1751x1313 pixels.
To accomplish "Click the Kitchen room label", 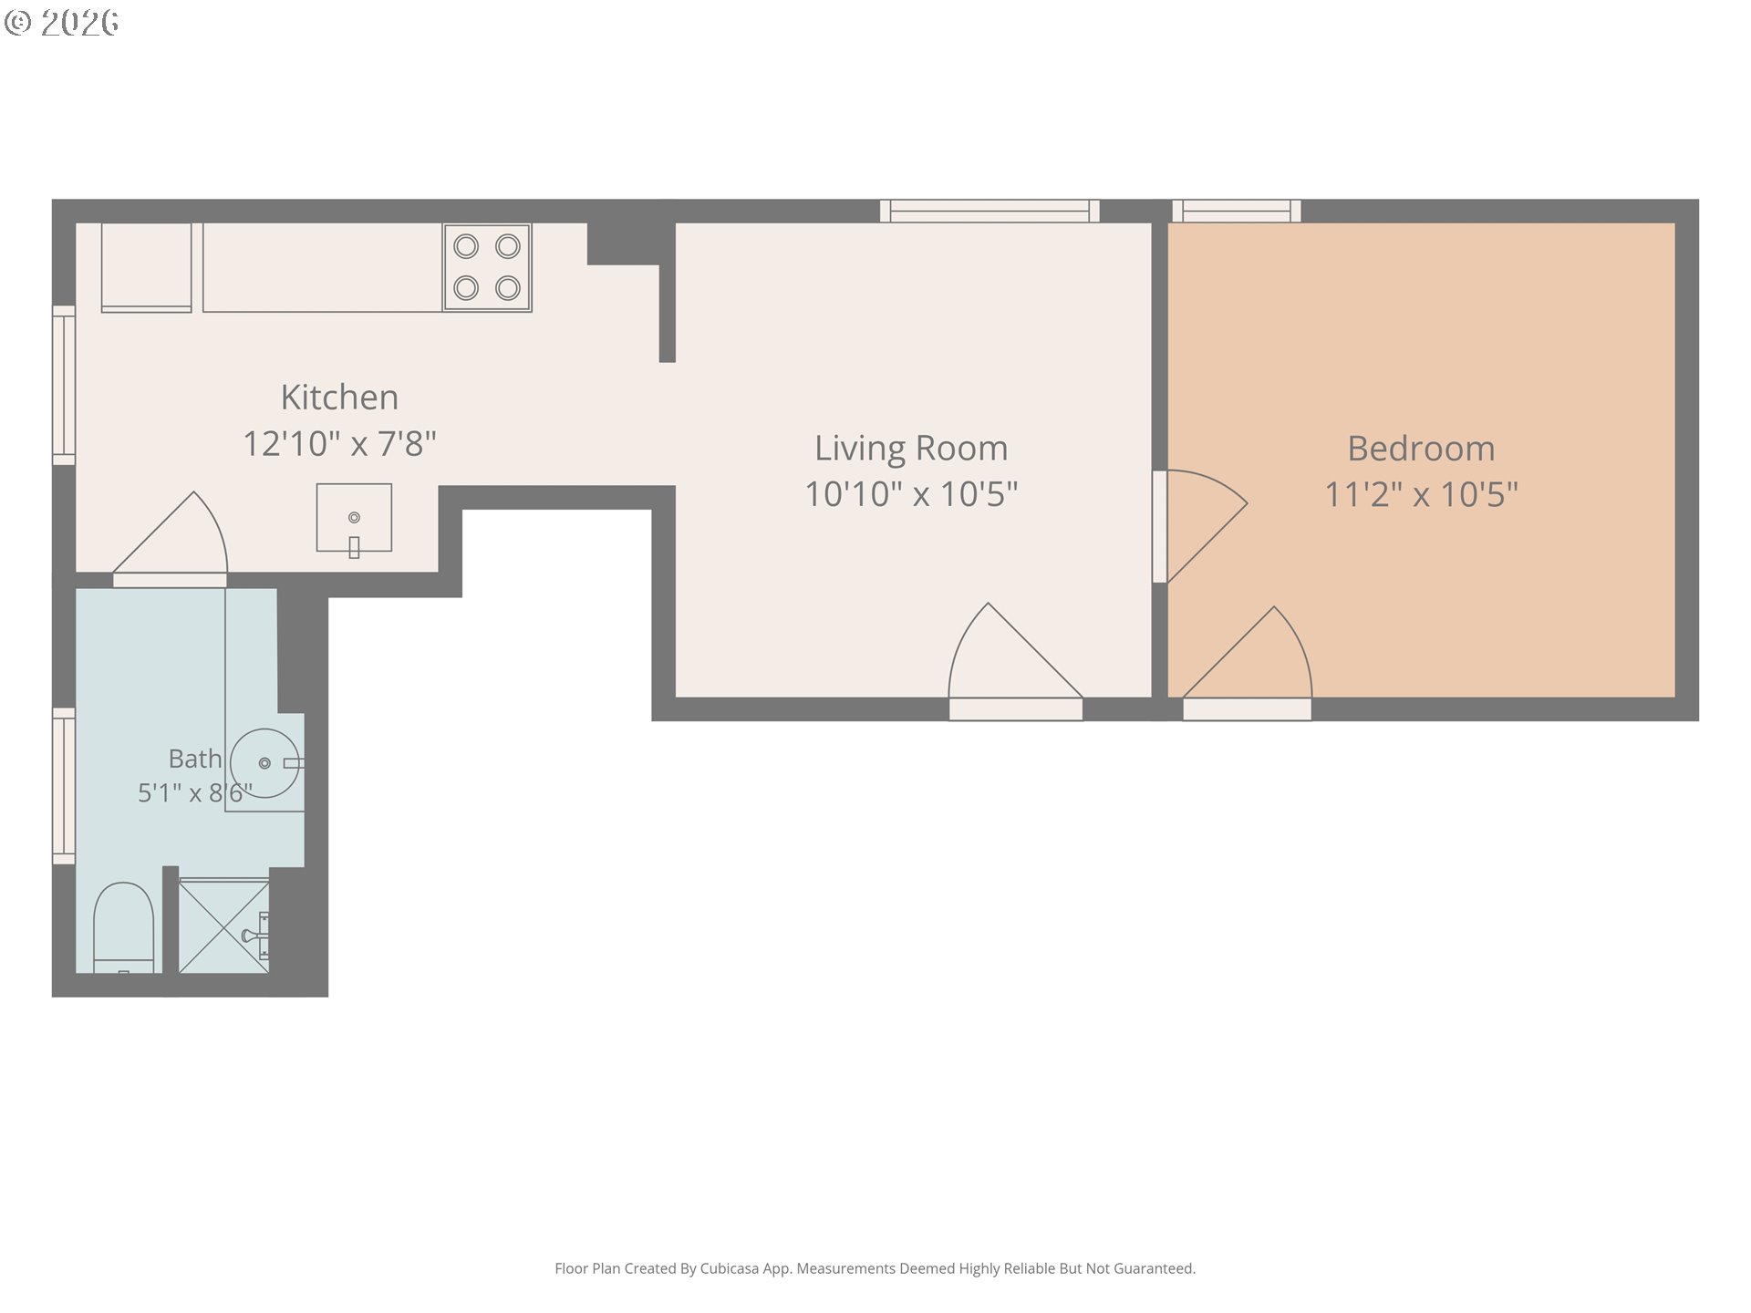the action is (339, 398).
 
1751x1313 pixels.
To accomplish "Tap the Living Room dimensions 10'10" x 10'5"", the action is (911, 494).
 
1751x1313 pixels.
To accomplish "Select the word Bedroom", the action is (1421, 449).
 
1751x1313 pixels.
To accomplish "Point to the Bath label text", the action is (195, 759).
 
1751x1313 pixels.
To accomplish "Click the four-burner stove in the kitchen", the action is (487, 267).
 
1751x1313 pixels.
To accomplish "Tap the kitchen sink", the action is (354, 518).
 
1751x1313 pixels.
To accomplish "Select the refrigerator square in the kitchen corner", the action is (146, 267).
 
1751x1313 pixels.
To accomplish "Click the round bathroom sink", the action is (265, 763).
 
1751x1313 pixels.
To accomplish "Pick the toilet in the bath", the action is (123, 926).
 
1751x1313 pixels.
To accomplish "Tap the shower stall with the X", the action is (223, 925).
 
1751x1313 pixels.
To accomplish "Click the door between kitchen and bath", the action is (171, 539).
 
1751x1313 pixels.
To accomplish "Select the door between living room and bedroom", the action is (1199, 526).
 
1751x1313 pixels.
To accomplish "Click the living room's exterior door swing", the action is (1015, 660).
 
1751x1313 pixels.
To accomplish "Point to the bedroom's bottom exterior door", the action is (1247, 663).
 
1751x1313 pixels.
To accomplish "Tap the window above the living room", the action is (989, 211).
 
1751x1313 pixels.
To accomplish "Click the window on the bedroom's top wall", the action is (1237, 211).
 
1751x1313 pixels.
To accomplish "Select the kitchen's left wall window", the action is (64, 386).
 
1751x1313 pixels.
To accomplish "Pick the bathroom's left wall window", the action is (64, 786).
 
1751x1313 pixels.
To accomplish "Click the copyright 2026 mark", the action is (62, 23).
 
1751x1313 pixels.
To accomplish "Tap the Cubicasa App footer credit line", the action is (875, 1268).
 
